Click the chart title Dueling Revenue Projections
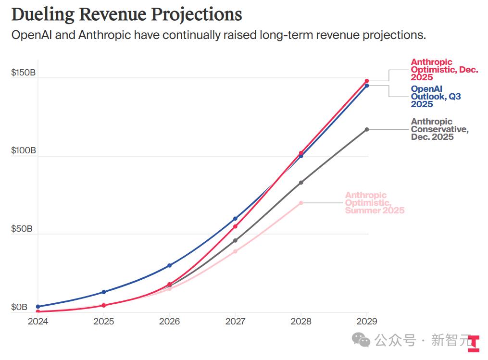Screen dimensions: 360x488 126,14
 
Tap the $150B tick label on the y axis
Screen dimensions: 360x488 23,73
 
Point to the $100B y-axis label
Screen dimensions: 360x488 23,151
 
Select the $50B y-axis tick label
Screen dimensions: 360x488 22,229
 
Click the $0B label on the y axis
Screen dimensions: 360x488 19,307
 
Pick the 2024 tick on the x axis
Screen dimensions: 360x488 38,321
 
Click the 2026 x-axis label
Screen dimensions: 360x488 169,321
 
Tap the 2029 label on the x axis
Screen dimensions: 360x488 367,321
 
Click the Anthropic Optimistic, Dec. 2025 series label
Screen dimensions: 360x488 444,70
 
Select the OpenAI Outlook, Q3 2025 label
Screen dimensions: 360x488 436,97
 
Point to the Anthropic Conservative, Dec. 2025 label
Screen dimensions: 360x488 439,129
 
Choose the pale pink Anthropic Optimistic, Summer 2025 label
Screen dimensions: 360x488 375,203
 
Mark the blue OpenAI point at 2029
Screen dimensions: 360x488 367,86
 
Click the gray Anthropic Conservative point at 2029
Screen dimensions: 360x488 367,129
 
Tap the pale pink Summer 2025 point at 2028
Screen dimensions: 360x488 301,203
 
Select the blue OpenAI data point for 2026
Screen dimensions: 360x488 169,265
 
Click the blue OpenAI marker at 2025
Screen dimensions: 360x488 103,292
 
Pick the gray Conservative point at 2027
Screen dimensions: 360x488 235,240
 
